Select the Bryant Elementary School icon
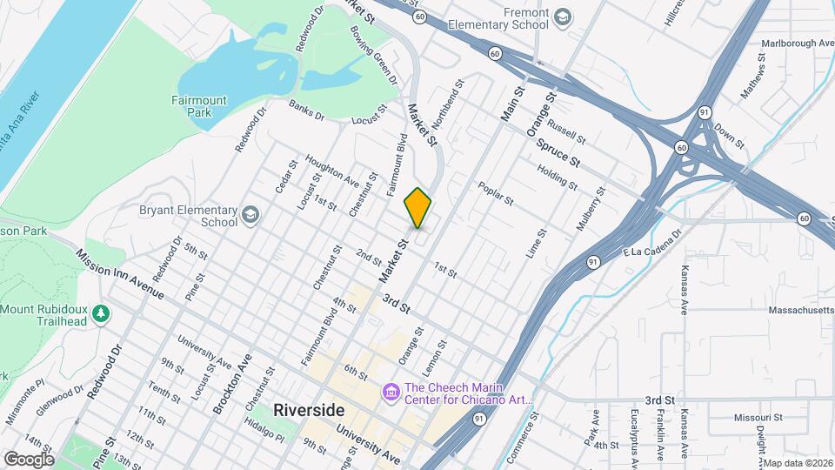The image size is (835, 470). point(250,215)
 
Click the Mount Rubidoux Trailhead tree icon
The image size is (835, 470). point(102,312)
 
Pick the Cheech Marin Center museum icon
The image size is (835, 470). point(391,393)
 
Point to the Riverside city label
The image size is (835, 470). point(309,410)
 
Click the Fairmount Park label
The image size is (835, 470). point(199,106)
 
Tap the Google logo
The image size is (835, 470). point(28,459)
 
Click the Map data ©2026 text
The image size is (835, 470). point(798,463)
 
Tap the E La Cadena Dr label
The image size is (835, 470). point(650,246)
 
